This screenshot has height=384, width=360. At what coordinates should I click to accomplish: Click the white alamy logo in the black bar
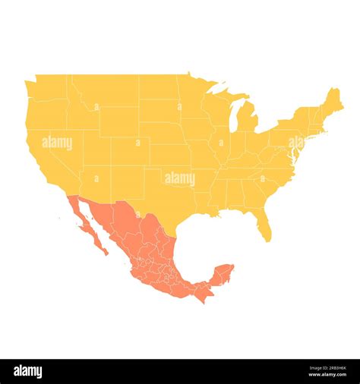[x=28, y=372]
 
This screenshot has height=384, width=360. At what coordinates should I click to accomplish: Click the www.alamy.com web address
[x=327, y=376]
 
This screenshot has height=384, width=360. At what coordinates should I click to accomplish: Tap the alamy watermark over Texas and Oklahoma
[x=180, y=179]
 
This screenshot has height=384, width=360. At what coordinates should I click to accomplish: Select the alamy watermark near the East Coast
[x=295, y=143]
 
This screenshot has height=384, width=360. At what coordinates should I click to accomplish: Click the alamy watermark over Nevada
[x=57, y=143]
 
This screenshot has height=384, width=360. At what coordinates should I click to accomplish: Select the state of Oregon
[x=46, y=112]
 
